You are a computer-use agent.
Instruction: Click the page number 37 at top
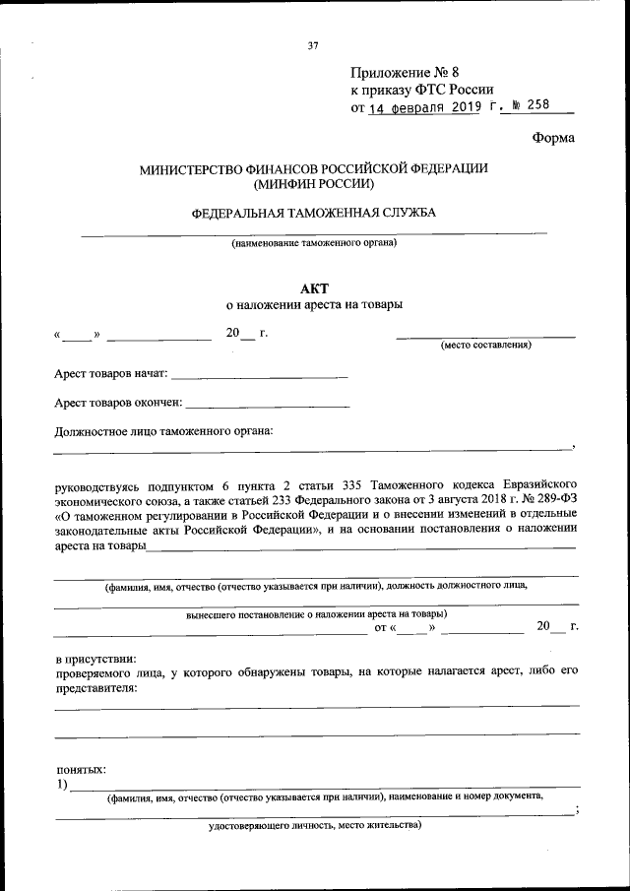[x=313, y=46]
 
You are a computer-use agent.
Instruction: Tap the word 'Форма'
[x=553, y=138]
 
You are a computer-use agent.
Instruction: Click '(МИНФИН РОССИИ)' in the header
[x=313, y=184]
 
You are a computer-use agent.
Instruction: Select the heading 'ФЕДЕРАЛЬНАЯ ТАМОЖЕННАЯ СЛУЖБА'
[x=313, y=213]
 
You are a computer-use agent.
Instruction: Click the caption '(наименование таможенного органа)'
[x=314, y=243]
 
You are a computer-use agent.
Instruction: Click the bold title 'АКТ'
[x=314, y=287]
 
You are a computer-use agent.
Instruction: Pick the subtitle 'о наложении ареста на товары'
[x=314, y=305]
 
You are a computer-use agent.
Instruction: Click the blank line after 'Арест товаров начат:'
[x=260, y=376]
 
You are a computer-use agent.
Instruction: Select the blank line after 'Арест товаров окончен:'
[x=267, y=404]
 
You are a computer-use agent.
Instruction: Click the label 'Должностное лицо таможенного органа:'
[x=163, y=430]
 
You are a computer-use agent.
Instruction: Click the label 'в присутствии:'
[x=95, y=658]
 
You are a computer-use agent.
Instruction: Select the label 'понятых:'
[x=80, y=769]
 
